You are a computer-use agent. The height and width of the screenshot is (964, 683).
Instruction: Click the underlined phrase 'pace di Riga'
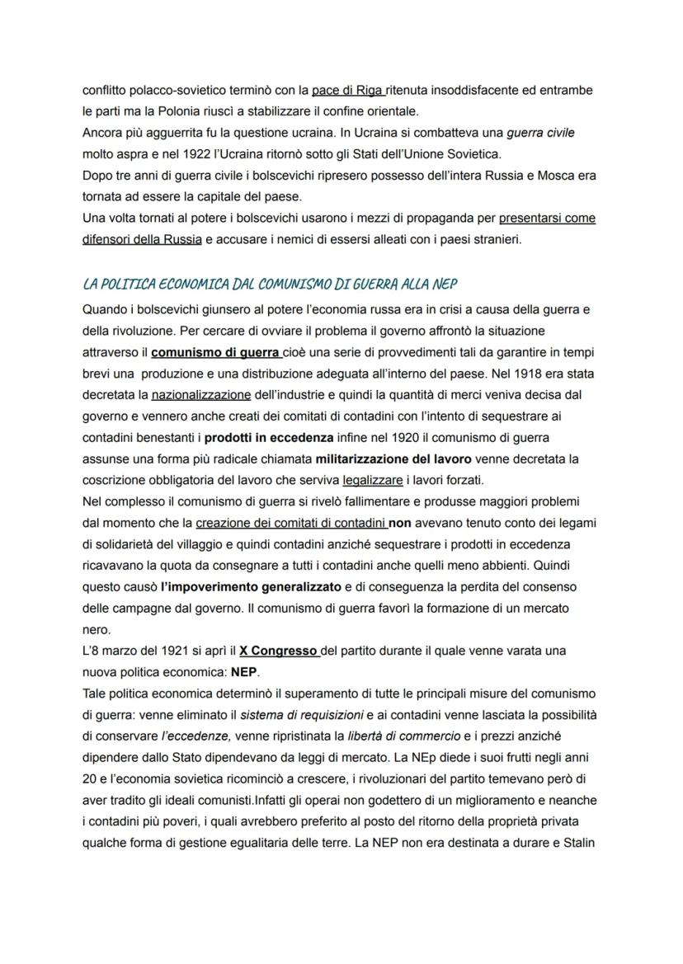coord(347,90)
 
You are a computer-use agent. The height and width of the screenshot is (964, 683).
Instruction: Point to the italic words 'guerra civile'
coord(540,132)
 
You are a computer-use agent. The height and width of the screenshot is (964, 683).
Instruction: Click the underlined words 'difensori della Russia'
coord(142,239)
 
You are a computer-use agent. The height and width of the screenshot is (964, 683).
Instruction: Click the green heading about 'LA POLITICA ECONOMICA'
coord(271,284)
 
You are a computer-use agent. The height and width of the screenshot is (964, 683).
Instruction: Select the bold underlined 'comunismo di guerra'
coord(217,352)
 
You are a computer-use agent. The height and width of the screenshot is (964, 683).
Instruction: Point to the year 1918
coord(544,374)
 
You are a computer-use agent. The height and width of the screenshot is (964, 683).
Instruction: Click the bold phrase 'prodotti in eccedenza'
coord(269,438)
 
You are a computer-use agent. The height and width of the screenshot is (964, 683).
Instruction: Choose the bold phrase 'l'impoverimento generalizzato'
coord(251,588)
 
